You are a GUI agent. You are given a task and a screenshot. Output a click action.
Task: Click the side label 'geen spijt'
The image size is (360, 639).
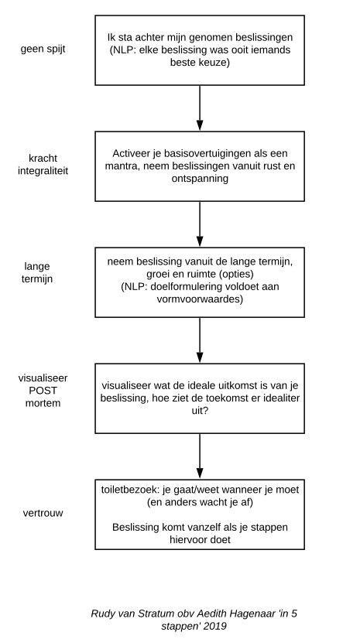point(43,50)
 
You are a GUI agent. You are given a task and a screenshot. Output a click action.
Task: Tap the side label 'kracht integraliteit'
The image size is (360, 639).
point(43,164)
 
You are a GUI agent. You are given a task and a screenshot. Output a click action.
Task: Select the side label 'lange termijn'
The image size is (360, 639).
point(37,272)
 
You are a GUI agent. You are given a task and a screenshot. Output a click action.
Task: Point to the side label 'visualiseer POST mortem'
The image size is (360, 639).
point(43,391)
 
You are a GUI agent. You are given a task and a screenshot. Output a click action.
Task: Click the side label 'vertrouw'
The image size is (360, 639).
point(43,513)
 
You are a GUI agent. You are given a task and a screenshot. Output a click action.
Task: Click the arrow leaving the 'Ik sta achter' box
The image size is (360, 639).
point(200,108)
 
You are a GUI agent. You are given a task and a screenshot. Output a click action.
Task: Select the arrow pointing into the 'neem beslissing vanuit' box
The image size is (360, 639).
point(200,224)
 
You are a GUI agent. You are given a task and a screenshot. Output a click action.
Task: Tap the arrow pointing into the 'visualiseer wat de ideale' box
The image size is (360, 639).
point(200,340)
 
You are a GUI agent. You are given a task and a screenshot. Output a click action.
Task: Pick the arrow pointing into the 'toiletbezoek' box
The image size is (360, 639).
point(200,456)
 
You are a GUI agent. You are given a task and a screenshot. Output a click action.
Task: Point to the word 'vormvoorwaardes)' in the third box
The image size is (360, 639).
point(200,299)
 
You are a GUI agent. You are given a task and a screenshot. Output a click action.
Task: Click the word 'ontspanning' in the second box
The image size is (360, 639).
point(200,179)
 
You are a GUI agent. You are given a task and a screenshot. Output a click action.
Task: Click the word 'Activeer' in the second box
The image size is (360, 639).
point(129,154)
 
